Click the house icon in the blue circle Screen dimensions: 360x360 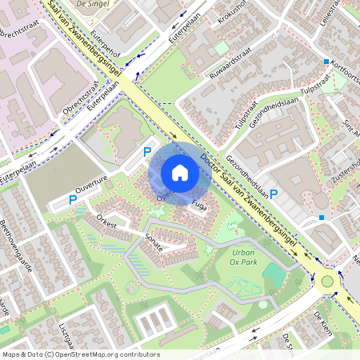tap(180, 172)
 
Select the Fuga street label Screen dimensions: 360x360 tap(200, 206)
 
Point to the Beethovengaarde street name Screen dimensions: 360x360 tap(16, 244)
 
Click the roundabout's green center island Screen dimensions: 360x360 tap(327, 281)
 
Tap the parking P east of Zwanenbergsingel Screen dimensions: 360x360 tap(274, 194)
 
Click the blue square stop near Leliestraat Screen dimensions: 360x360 tap(326, 62)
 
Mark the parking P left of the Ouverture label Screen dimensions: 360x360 tap(73, 199)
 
